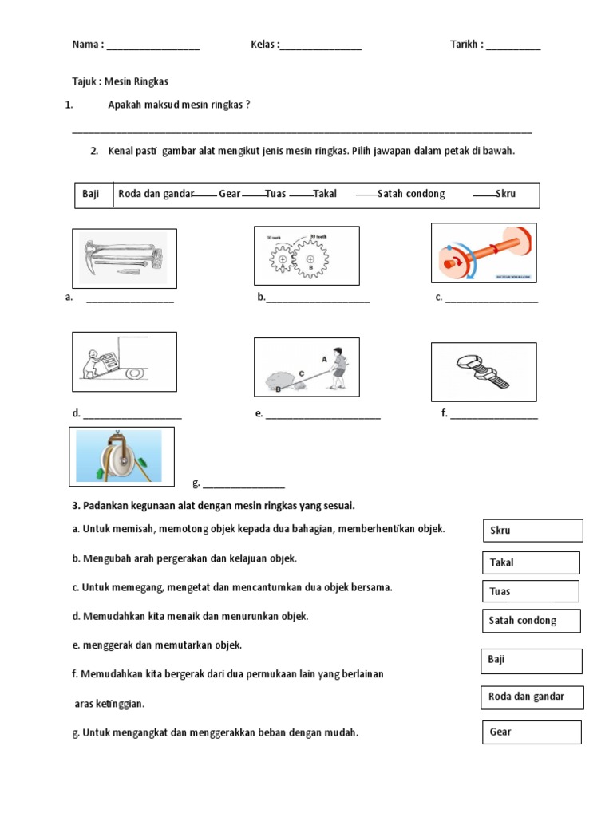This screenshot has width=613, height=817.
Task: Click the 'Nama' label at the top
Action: click(x=86, y=45)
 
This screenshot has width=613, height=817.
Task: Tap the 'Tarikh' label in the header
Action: click(x=466, y=45)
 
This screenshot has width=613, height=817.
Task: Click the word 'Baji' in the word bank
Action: click(x=91, y=194)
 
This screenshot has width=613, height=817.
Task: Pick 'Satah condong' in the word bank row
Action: click(x=411, y=194)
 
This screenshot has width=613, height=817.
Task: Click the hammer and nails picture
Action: click(x=125, y=258)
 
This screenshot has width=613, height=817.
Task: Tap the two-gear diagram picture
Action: click(x=306, y=255)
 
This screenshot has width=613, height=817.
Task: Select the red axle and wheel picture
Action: click(x=484, y=253)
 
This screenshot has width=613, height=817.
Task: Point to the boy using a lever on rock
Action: click(x=306, y=367)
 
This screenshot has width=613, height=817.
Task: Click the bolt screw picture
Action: click(x=484, y=372)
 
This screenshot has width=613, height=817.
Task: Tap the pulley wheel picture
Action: click(x=121, y=456)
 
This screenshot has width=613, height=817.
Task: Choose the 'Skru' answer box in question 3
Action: click(x=532, y=531)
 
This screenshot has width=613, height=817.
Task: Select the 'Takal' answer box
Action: click(x=531, y=562)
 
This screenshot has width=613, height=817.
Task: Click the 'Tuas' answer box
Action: click(x=530, y=591)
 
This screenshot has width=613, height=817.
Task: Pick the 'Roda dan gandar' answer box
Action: click(x=532, y=697)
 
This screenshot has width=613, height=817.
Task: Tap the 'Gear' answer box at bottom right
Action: click(x=532, y=732)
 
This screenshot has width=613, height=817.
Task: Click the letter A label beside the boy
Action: click(x=324, y=360)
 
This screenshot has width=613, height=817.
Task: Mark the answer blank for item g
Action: click(x=243, y=483)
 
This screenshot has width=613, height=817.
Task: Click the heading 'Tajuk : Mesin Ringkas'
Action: click(x=120, y=81)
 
